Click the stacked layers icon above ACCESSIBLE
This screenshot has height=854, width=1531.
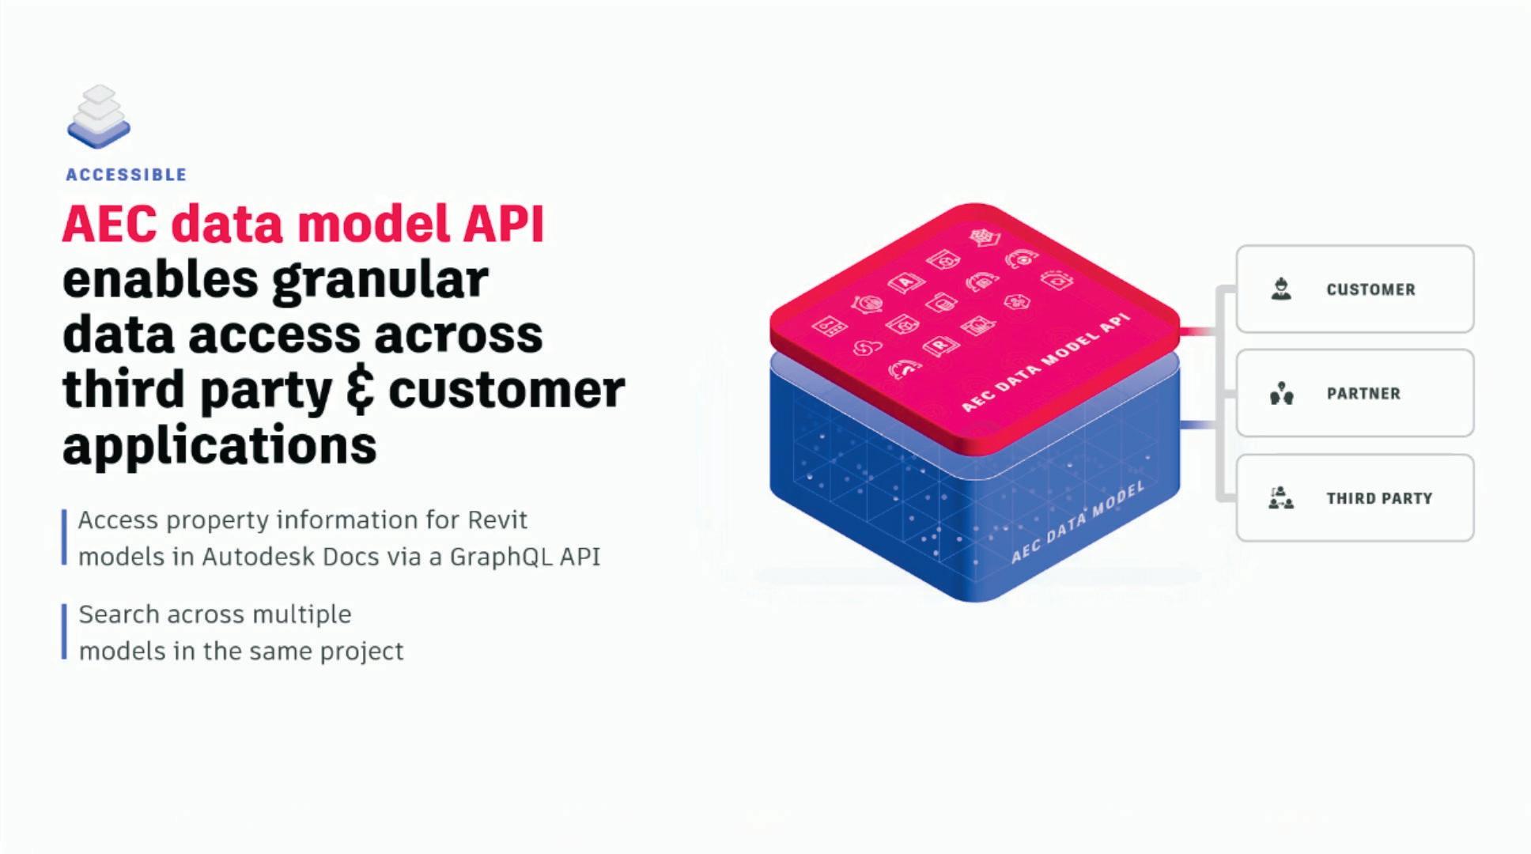point(99,117)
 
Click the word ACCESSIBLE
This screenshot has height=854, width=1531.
point(127,175)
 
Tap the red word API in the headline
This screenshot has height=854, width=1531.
point(504,224)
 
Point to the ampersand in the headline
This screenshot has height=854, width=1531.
point(361,391)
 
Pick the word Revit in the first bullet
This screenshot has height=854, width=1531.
point(497,520)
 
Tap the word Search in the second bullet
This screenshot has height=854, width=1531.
point(119,614)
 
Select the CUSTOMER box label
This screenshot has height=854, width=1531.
point(1371,289)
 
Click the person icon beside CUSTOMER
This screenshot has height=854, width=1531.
point(1281,289)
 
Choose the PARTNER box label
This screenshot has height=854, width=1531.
point(1363,394)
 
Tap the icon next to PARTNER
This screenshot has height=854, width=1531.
point(1281,393)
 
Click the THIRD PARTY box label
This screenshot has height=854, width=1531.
point(1379,498)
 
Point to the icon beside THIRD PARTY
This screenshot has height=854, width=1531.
point(1281,498)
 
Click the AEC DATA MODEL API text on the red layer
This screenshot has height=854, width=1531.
point(1045,362)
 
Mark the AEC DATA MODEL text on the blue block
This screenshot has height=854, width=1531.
point(1078,522)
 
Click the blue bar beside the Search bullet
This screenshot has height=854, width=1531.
point(64,632)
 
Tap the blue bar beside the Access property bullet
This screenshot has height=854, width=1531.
point(64,538)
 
